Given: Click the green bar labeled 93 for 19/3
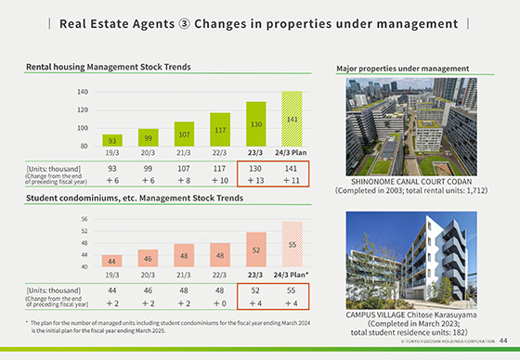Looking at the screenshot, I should (x=112, y=141).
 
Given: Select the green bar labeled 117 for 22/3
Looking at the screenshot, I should (x=220, y=129).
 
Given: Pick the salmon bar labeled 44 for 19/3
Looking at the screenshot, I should (x=112, y=261).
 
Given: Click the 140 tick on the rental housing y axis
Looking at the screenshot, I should (x=82, y=93).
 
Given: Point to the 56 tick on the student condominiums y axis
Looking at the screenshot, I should (x=84, y=220).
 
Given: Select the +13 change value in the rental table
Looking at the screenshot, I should (x=255, y=180).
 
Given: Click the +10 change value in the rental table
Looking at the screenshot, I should (x=219, y=180).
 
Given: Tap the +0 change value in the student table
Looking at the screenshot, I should (x=219, y=302).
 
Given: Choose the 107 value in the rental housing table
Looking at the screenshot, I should (x=184, y=168).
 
